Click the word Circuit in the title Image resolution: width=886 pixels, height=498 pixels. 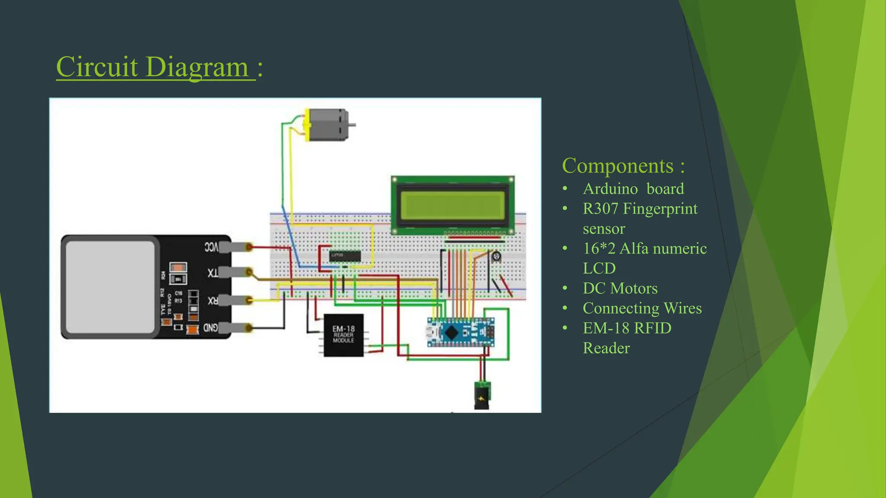point(97,67)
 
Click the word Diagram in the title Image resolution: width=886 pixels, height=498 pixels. point(197,67)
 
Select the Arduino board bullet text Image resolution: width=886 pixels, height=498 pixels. point(633,189)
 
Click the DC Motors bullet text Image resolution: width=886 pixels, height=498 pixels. point(620,288)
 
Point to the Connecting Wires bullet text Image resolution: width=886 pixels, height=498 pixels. point(642,308)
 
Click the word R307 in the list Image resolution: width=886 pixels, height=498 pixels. point(600,209)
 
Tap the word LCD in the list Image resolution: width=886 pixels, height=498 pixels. point(599,268)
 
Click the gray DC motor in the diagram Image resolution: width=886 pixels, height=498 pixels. point(327,125)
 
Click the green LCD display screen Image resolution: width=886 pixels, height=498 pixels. point(453,205)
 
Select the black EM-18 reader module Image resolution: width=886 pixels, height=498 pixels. point(343,335)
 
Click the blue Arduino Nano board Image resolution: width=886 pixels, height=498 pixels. point(460,332)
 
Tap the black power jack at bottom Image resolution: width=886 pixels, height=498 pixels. point(482,396)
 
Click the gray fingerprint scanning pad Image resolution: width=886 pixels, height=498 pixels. point(110,287)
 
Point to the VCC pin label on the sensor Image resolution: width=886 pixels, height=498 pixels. point(211,247)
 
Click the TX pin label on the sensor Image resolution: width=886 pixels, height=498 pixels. point(212,273)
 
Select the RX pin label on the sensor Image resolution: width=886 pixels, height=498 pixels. point(212,301)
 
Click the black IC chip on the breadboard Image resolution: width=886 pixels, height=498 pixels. point(344,256)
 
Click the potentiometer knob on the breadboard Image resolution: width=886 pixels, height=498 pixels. point(496,257)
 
